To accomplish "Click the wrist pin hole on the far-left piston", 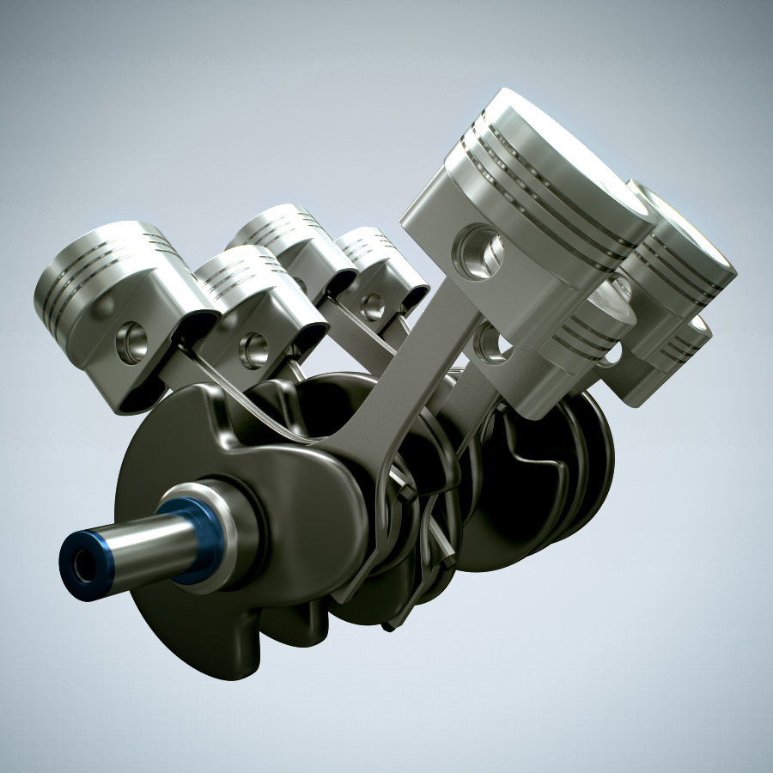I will (131, 341).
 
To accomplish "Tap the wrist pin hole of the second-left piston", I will (253, 349).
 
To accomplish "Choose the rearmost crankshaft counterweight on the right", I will (593, 464).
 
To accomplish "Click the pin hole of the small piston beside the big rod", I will (373, 305).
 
